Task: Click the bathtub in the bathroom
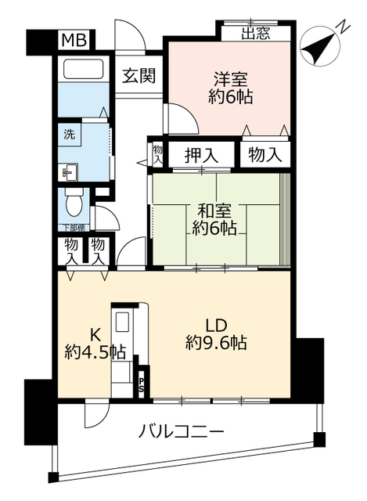pyautogui.click(x=84, y=70)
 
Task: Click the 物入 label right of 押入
pyautogui.click(x=264, y=154)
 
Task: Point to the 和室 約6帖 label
pyautogui.click(x=217, y=219)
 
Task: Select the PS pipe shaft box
pyautogui.click(x=142, y=384)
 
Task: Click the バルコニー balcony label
pyautogui.click(x=182, y=432)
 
